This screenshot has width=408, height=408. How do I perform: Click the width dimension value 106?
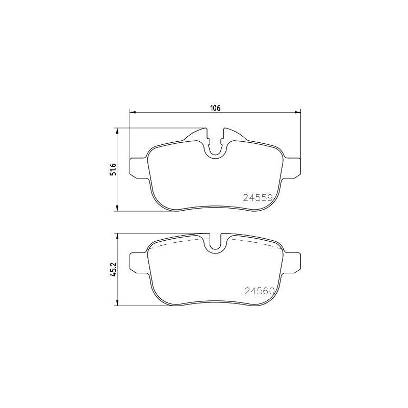[215, 108]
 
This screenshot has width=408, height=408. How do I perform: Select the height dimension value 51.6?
[114, 169]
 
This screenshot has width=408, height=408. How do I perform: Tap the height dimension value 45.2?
[114, 269]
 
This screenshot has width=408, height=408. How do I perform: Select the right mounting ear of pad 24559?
[293, 167]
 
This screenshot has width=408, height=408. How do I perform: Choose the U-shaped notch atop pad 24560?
[216, 242]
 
